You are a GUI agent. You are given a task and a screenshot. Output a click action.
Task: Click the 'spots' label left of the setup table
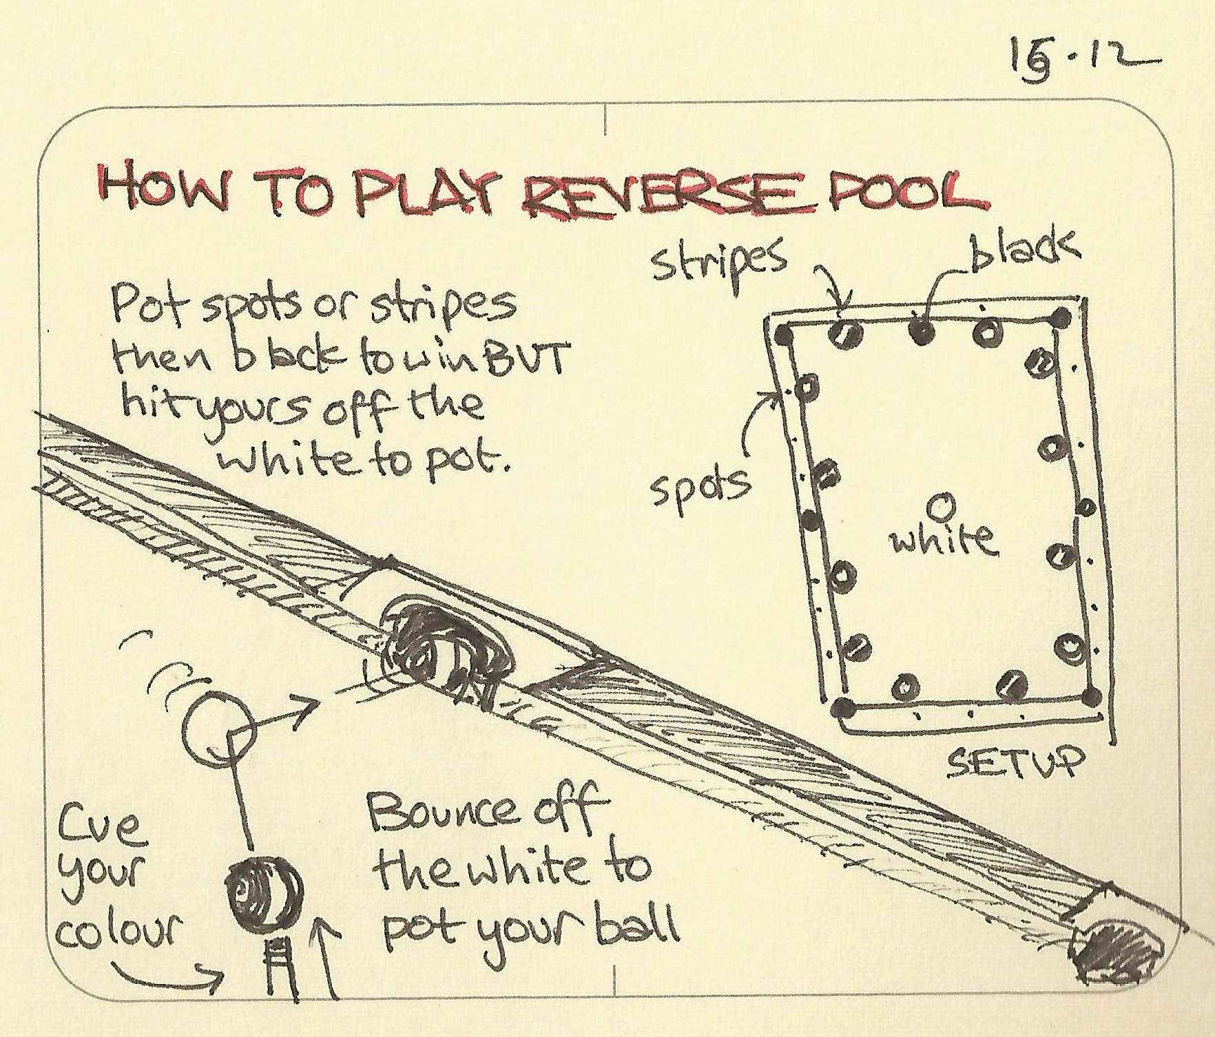click(x=701, y=485)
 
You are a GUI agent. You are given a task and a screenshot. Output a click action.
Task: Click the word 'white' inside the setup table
click(x=942, y=539)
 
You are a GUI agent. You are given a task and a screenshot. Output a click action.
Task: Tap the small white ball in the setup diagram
click(x=939, y=507)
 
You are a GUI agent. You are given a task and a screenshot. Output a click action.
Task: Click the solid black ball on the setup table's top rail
click(x=922, y=332)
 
